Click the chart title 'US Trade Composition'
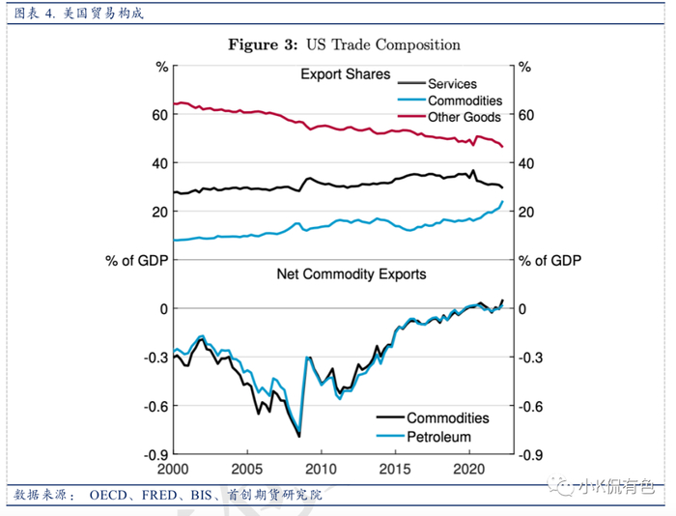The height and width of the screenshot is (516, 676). click(383, 44)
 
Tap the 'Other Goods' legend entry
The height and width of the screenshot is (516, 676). click(465, 117)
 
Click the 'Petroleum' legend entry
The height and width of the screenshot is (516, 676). click(438, 437)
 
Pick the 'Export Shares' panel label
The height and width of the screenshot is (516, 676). click(345, 74)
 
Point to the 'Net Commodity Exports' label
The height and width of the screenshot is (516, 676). click(352, 274)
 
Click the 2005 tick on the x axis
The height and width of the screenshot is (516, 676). click(247, 468)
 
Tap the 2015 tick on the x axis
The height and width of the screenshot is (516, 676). click(395, 468)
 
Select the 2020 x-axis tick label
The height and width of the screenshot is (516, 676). click(469, 468)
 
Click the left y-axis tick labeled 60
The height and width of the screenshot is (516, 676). click(159, 115)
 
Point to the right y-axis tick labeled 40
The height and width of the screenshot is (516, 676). click(527, 163)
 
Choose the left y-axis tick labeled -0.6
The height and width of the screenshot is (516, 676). click(155, 406)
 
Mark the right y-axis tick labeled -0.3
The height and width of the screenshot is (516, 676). click(531, 358)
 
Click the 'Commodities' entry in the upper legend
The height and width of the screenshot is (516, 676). click(465, 100)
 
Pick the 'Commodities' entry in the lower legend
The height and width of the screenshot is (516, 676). click(447, 418)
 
